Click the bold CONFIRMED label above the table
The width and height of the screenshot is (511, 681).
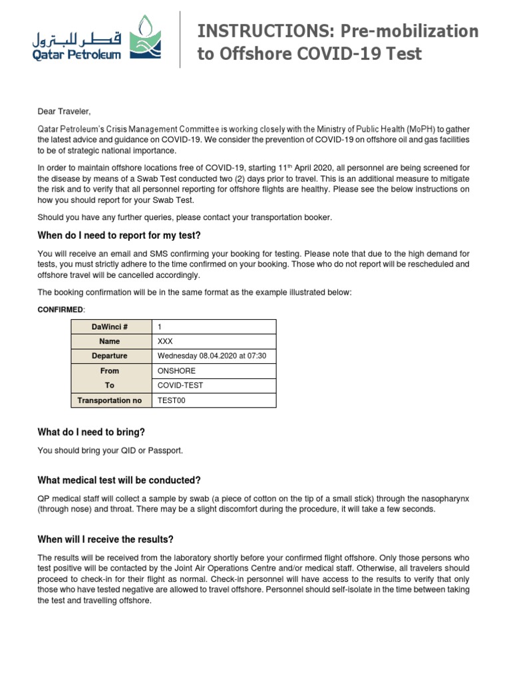[x=61, y=310]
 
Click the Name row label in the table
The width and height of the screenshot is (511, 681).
[x=110, y=341]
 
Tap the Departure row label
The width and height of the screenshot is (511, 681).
[x=110, y=356]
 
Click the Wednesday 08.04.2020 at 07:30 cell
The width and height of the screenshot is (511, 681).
[x=212, y=356]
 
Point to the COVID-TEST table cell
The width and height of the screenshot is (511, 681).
[x=180, y=385]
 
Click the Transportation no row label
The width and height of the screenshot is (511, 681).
[x=110, y=400]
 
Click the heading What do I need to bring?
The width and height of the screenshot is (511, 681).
[x=91, y=432]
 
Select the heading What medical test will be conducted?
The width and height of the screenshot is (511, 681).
[x=119, y=480]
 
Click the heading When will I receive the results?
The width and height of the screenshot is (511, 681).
[x=106, y=539]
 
